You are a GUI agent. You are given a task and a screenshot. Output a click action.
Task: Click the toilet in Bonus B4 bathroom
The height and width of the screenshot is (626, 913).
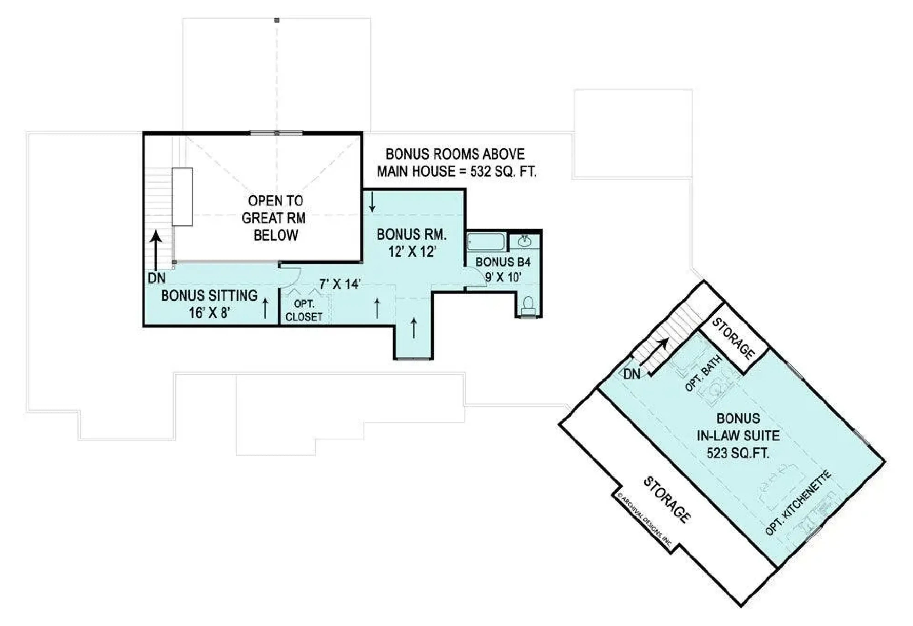point(528,306)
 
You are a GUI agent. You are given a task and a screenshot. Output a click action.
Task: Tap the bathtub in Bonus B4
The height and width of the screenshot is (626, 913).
point(486,242)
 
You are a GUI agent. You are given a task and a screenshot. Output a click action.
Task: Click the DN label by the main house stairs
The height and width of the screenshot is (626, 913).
point(157,278)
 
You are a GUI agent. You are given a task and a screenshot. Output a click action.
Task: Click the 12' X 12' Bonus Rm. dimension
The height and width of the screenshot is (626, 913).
point(412,252)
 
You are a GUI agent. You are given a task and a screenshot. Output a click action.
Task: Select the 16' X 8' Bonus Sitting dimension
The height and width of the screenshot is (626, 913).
point(209,313)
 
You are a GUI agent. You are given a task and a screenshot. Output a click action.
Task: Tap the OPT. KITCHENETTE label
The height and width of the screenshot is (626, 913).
point(798,503)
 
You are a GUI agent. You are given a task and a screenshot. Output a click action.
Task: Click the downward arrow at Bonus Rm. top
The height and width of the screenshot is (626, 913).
point(372,203)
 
